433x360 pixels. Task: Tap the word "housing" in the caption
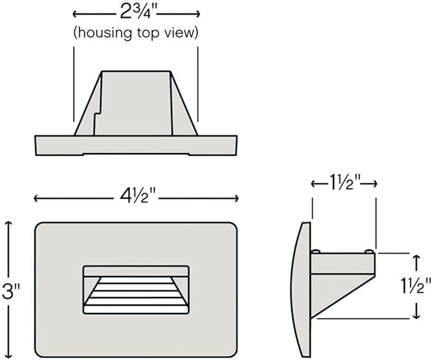tap(103, 33)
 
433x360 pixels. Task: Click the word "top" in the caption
tap(149, 34)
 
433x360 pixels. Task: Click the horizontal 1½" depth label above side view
tap(344, 183)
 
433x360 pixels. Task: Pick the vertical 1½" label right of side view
tap(416, 285)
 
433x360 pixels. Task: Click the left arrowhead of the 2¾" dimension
tap(75, 14)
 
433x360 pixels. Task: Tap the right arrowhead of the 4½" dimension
tap(235, 198)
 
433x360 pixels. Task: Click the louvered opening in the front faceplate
tap(136, 290)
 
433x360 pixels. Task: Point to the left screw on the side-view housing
tap(316, 251)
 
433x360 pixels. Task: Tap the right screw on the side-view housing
tap(369, 251)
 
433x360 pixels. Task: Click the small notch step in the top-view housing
tap(98, 113)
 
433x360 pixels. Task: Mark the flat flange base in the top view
tap(136, 145)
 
